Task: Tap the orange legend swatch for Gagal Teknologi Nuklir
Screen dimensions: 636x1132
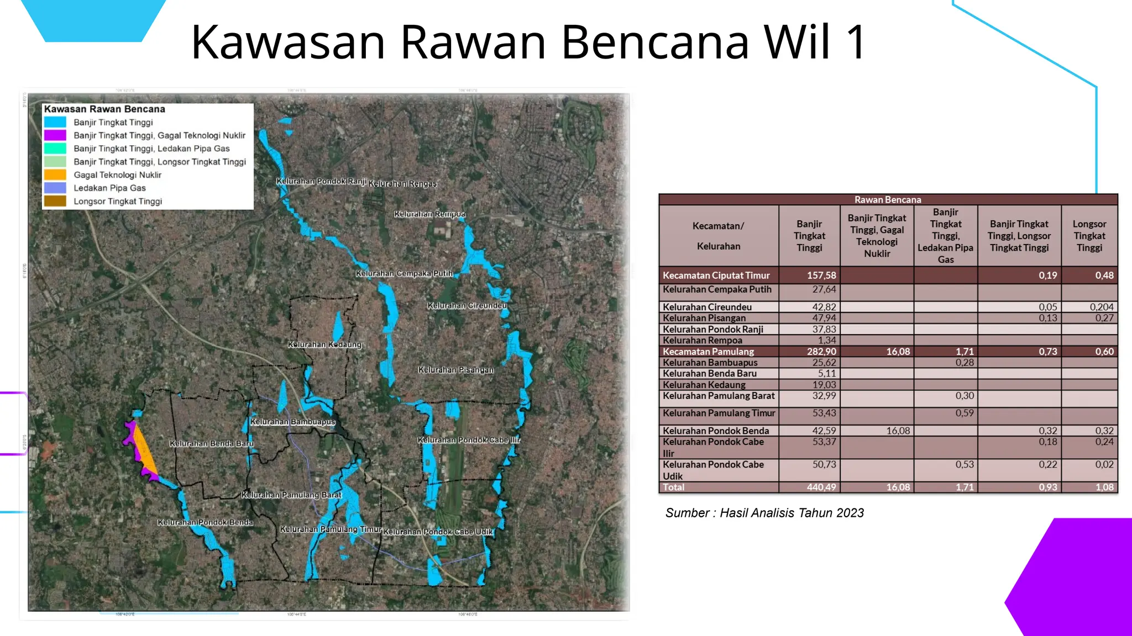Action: click(55, 175)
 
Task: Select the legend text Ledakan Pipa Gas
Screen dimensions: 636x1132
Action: click(109, 188)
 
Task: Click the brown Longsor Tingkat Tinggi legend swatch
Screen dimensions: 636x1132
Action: click(55, 202)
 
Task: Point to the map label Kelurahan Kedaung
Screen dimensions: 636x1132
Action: click(324, 344)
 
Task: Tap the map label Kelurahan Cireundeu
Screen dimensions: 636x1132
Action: click(467, 305)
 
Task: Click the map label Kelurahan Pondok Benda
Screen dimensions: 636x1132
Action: click(205, 522)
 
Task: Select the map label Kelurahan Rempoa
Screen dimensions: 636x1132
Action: click(429, 214)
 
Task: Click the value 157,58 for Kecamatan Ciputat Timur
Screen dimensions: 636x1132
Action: click(821, 275)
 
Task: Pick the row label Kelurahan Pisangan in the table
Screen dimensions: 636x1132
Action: click(704, 318)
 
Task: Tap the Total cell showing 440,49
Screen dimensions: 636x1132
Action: click(821, 487)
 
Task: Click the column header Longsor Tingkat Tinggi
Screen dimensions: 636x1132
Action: click(1089, 236)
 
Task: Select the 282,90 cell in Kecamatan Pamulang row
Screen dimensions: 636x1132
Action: click(821, 352)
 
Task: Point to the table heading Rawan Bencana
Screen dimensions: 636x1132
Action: click(888, 200)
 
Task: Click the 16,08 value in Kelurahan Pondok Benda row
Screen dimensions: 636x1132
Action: click(898, 431)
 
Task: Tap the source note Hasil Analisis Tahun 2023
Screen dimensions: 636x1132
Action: click(764, 513)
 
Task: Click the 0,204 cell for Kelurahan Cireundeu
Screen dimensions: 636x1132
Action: click(1101, 307)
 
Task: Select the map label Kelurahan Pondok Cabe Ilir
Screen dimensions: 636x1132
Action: click(469, 440)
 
